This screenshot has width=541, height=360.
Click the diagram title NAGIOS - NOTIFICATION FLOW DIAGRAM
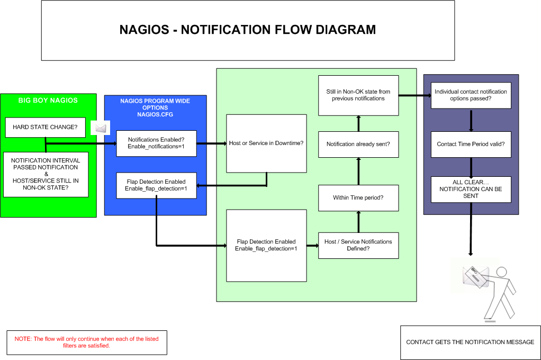248,30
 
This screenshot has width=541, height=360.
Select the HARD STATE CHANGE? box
45,127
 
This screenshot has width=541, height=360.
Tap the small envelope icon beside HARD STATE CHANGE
101,128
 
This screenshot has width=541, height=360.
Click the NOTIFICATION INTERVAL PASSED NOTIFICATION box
46,174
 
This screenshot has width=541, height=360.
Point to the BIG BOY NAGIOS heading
48,101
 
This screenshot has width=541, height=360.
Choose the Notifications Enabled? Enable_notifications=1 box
156,143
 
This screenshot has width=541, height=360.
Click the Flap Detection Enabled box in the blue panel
156,185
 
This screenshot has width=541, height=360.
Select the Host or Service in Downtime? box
266,143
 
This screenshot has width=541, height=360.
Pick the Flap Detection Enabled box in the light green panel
266,245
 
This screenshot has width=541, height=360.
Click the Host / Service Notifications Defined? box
358,245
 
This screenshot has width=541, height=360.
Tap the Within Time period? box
358,198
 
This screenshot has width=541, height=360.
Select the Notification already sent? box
358,145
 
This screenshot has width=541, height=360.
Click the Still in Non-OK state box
358,95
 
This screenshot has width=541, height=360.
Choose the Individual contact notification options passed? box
471,95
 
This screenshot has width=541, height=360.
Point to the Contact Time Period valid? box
471,145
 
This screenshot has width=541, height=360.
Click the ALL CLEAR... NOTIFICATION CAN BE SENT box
471,189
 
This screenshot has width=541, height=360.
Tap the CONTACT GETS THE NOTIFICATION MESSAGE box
470,343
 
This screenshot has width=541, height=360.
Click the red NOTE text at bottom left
87,342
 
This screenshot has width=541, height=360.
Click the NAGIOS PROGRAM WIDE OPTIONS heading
155,107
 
